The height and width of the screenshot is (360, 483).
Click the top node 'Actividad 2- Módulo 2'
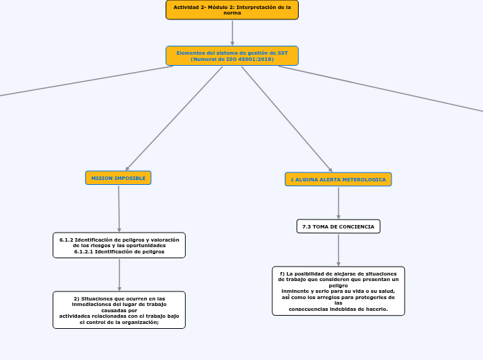(x=232, y=10)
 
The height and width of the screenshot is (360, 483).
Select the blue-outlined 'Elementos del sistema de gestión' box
(x=232, y=56)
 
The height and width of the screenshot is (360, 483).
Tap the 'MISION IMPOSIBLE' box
(x=118, y=178)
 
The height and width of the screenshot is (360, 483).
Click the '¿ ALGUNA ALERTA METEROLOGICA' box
(x=338, y=179)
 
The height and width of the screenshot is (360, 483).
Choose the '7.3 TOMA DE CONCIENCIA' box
(x=338, y=226)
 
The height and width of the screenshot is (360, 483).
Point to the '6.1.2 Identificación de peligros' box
(x=119, y=245)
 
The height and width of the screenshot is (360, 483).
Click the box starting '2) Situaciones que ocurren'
(x=119, y=309)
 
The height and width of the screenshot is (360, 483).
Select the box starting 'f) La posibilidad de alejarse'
(x=338, y=291)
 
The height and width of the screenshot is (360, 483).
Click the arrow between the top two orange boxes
(x=232, y=33)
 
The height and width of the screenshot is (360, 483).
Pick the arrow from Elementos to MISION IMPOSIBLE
(x=173, y=119)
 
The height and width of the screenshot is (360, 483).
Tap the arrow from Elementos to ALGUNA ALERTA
(x=287, y=119)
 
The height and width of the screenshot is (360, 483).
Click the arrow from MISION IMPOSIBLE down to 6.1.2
(x=119, y=208)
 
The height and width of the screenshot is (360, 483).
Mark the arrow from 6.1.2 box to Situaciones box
(x=119, y=274)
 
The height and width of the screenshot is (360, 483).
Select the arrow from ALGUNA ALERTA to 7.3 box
(x=338, y=203)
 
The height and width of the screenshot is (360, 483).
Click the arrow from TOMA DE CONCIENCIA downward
(x=338, y=250)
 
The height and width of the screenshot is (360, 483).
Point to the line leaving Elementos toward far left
(x=83, y=81)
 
